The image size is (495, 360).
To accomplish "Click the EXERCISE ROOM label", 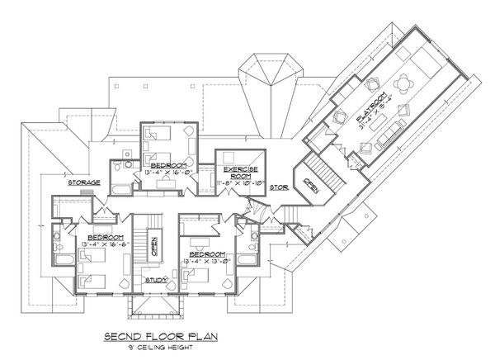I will click(x=239, y=172).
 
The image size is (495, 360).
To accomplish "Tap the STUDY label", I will click(x=157, y=280).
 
